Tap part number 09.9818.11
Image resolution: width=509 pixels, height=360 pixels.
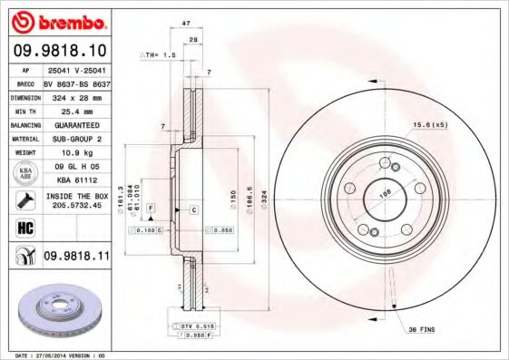(x=76, y=257)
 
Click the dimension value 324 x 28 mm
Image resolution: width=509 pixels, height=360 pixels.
(x=75, y=96)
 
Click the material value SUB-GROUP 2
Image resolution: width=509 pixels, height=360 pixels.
(x=75, y=139)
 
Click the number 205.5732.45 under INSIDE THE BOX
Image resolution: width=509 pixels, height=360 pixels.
(x=75, y=205)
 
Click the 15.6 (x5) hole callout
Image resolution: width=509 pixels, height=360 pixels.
(x=429, y=123)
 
